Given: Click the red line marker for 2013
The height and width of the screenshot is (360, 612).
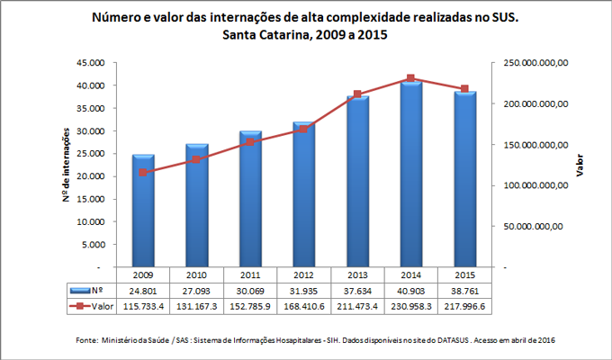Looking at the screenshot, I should click(357, 94).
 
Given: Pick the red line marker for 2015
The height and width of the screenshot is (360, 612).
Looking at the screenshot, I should click(464, 89).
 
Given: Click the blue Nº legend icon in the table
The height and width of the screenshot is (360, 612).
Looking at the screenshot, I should click(78, 291).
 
